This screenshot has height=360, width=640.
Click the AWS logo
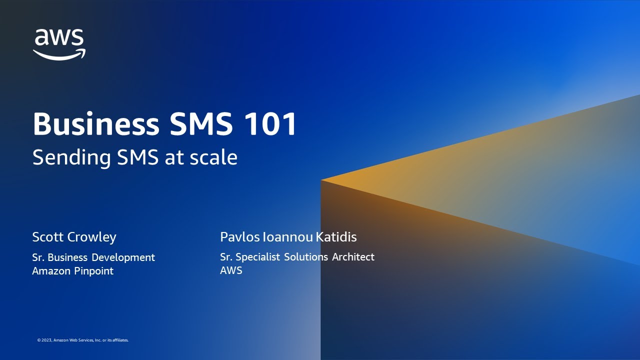pyautogui.click(x=59, y=44)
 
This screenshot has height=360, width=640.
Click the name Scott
pyautogui.click(x=48, y=236)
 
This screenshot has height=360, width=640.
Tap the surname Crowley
pyautogui.click(x=93, y=237)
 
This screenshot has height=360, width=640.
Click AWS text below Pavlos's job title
pyautogui.click(x=231, y=270)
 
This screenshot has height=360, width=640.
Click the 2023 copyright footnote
pyautogui.click(x=82, y=340)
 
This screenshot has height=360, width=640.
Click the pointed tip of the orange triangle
pyautogui.click(x=322, y=180)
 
